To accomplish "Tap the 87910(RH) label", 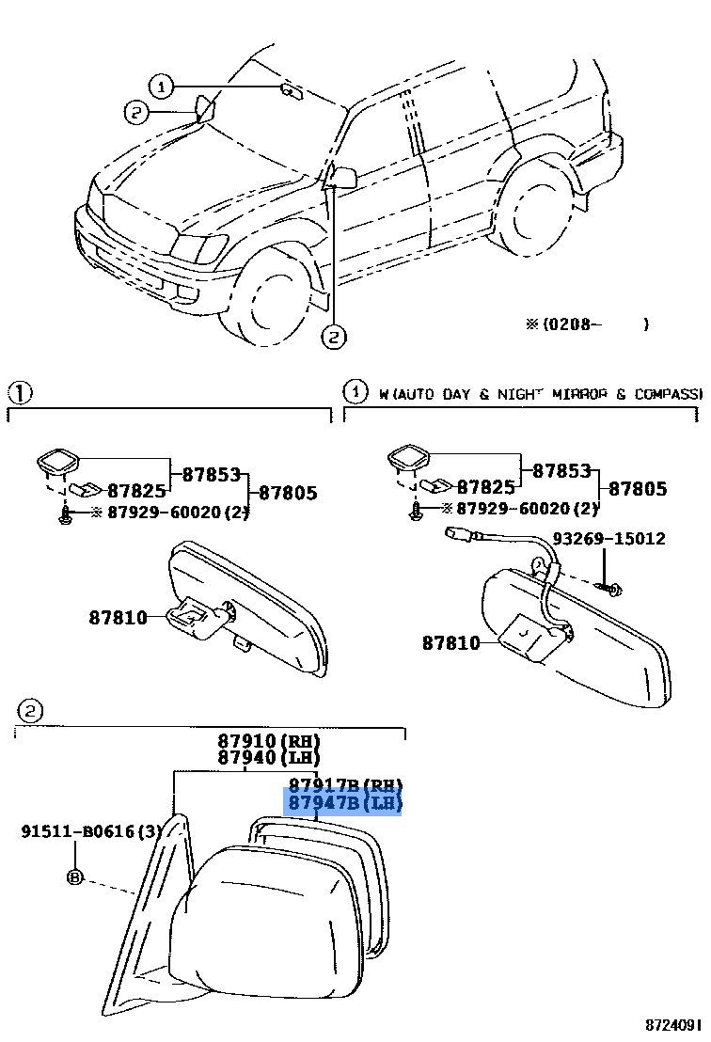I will click(x=269, y=740).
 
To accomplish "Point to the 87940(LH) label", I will click(x=269, y=757).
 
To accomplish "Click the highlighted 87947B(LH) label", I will click(x=344, y=803).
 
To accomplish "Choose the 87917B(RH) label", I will click(x=344, y=785).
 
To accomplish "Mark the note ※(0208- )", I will click(x=587, y=324).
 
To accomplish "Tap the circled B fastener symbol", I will click(x=75, y=877).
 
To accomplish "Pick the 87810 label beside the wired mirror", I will click(x=450, y=643).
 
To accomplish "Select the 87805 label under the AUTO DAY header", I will click(x=638, y=488).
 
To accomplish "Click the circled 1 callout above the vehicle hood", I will click(x=162, y=87).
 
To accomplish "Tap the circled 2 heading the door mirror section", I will click(x=29, y=711).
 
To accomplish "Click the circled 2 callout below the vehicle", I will click(x=334, y=336).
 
